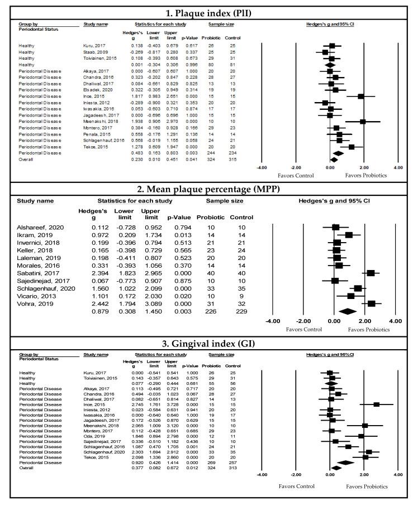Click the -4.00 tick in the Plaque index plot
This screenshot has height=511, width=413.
point(261,167)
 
